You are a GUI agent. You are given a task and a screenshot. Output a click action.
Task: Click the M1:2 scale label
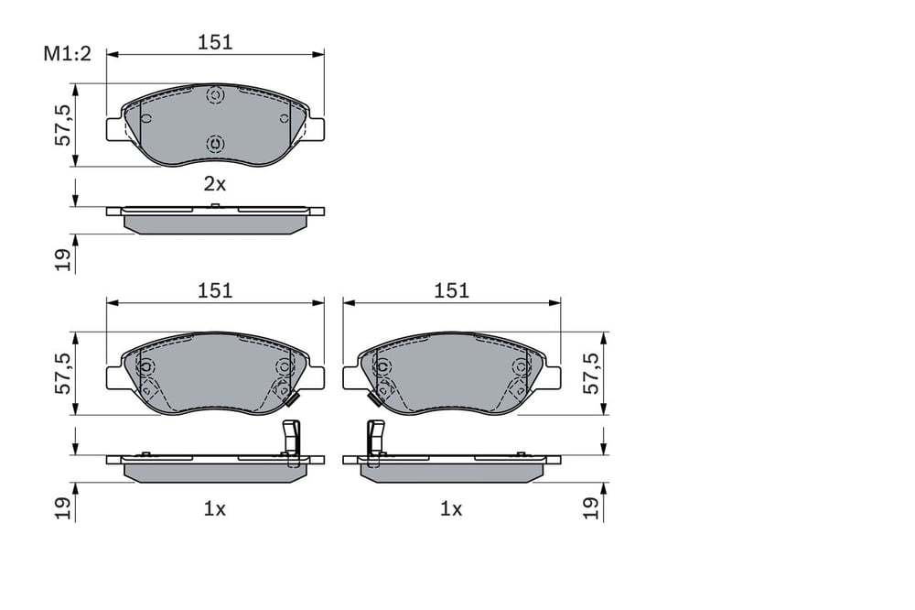pos(67,54)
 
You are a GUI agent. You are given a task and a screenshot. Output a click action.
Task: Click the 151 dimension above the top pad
pos(215,42)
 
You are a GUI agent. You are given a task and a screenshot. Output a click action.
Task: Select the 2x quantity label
pos(214,184)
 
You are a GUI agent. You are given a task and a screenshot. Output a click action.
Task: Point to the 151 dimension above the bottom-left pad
pos(215,290)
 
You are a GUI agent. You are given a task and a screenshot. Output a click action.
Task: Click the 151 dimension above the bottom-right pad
pos(452,290)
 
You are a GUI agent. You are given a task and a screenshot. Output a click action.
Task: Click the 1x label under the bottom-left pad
pos(214,509)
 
